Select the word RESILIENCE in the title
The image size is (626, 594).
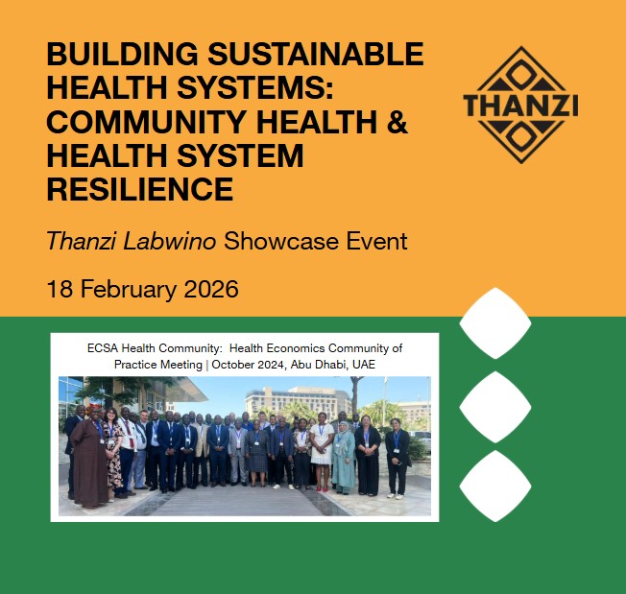pyautogui.click(x=139, y=187)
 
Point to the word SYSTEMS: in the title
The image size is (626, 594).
pyautogui.click(x=266, y=87)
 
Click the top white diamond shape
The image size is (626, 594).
pyautogui.click(x=495, y=323)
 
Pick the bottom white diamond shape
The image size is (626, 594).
pyautogui.click(x=495, y=487)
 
